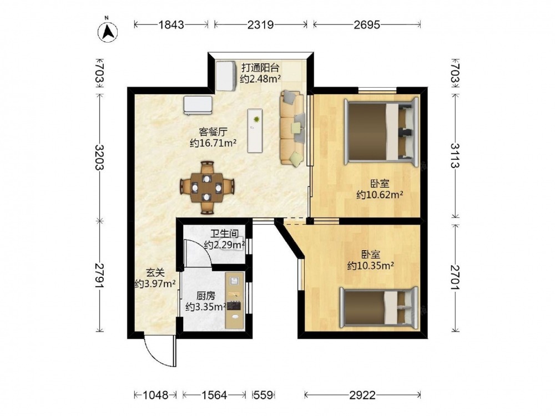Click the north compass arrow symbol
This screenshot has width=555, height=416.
click(108, 32)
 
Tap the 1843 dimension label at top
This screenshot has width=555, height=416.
click(171, 24)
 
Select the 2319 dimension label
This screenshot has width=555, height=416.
click(260, 24)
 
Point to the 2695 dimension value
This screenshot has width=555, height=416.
click(367, 24)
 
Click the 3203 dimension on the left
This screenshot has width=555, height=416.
click(100, 158)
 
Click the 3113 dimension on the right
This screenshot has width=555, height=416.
click(455, 156)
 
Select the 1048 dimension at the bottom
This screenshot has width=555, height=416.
click(155, 395)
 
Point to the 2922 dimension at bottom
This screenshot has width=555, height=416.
click(362, 395)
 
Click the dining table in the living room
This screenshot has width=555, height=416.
click(207, 187)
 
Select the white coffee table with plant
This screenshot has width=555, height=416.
click(255, 130)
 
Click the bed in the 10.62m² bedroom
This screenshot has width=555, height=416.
click(381, 132)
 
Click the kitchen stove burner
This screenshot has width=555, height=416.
click(234, 305)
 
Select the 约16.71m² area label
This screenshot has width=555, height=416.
click(213, 143)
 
